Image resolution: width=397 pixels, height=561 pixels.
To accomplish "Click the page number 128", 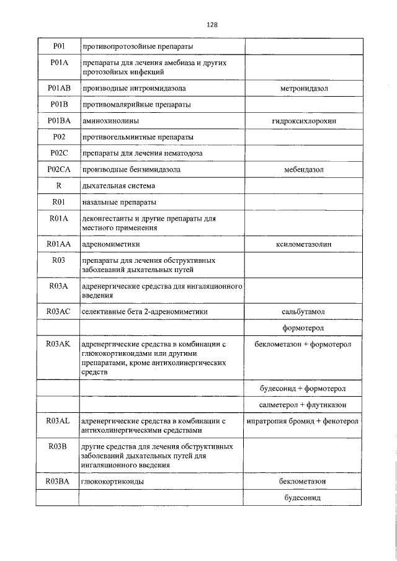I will [x=212, y=25].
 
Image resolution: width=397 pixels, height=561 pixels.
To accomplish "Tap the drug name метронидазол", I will [x=304, y=89].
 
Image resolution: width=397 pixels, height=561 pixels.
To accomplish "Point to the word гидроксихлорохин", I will [x=304, y=121].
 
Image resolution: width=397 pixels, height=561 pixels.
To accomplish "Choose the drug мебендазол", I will [x=304, y=169].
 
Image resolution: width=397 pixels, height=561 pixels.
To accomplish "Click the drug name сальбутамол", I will [x=304, y=311].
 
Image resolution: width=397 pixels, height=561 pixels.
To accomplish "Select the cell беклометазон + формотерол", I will [x=304, y=343].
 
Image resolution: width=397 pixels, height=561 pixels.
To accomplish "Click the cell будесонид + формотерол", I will [x=304, y=389].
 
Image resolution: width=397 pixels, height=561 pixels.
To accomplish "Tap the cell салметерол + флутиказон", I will [x=304, y=405].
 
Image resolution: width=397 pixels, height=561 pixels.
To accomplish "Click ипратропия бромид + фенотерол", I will [x=304, y=422].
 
